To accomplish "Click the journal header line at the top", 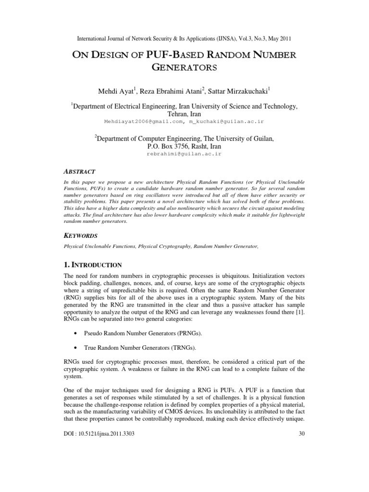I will coord(184,38).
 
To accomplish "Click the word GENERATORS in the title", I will coord(184,68).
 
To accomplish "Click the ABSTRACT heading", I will coord(79,172).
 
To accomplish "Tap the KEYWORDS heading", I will coord(81,236).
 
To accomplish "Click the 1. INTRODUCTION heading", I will coord(93,265).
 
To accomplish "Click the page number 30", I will coord(302,434).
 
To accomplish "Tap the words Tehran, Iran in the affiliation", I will coord(184,114).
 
